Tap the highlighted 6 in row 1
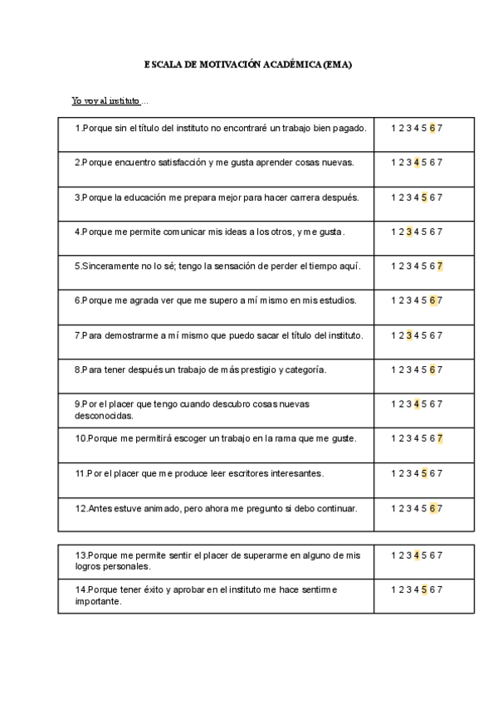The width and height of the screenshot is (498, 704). click(x=432, y=128)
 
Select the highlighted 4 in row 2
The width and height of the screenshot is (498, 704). click(x=417, y=163)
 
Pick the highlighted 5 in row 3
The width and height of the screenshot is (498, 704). click(x=424, y=198)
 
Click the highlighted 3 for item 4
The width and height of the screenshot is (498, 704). click(x=409, y=232)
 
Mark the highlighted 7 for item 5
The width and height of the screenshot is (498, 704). click(x=440, y=266)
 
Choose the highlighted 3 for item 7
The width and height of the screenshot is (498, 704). click(x=409, y=335)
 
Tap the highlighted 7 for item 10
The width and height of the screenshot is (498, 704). click(x=440, y=438)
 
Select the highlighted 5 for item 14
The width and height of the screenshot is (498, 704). click(x=424, y=589)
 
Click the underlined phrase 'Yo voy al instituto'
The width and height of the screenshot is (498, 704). click(x=105, y=101)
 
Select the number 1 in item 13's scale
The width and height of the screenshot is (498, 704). click(x=393, y=555)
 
